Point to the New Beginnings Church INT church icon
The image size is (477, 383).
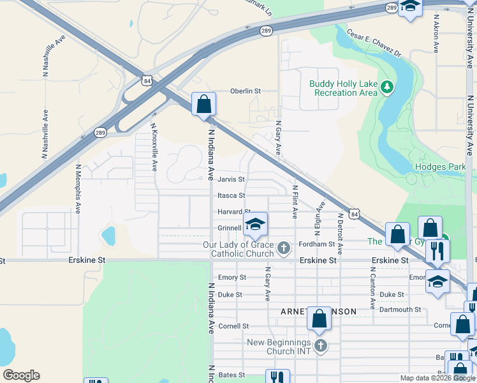click(321, 347)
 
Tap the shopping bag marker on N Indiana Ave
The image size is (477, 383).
click(204, 104)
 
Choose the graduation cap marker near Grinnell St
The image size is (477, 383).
click(255, 225)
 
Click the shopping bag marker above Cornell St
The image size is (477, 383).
click(319, 318)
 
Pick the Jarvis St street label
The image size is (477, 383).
click(231, 180)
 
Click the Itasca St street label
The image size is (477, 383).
click(231, 196)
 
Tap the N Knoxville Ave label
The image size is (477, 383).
click(154, 147)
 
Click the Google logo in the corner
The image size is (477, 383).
click(21, 375)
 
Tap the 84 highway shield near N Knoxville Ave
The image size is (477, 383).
click(148, 81)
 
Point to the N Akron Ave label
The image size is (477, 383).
click(436, 33)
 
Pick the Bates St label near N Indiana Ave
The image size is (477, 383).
click(231, 375)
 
